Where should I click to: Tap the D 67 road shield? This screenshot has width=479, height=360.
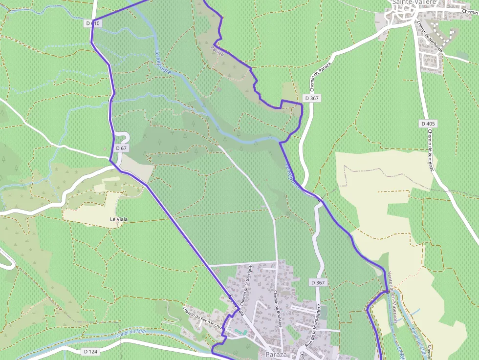click(122, 148)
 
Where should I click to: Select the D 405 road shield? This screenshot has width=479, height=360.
click(428, 124)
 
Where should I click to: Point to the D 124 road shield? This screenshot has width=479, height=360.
click(90, 351)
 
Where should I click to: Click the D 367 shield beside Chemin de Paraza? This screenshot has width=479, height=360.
click(311, 98)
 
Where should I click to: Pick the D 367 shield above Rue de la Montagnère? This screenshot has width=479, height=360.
click(318, 282)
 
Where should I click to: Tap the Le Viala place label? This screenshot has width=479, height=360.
click(119, 219)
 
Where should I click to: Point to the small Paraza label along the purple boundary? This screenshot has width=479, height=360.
click(217, 50)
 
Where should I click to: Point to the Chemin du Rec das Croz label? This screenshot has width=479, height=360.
click(202, 318)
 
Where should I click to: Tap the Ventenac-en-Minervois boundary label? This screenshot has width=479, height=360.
click(392, 296)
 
